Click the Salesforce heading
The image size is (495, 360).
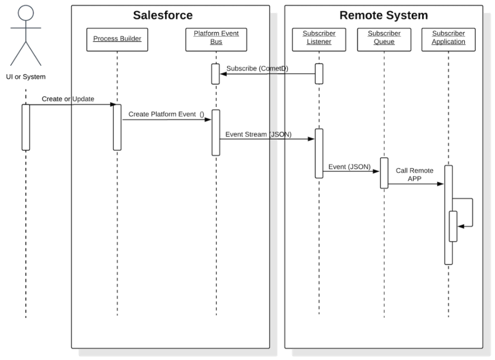click(163, 15)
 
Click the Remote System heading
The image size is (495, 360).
click(383, 15)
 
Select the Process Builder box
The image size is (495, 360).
click(117, 39)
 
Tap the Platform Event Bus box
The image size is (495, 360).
click(216, 39)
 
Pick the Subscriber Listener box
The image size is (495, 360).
click(319, 39)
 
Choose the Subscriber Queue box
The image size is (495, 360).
click(384, 39)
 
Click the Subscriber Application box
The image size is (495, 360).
click(448, 39)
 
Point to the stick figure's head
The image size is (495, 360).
click(26, 13)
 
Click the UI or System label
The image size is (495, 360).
click(26, 77)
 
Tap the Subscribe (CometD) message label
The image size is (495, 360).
click(257, 68)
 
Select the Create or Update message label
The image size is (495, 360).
click(68, 99)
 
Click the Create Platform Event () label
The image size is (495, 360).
click(166, 114)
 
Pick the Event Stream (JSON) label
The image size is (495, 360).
click(258, 134)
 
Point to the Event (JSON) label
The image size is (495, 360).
click(350, 167)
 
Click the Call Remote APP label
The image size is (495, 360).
click(415, 175)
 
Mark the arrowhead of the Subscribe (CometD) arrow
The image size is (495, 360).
click(224, 74)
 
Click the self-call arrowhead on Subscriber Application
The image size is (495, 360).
click(461, 226)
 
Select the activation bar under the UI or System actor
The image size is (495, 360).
click(26, 127)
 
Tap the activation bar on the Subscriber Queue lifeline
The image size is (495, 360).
click(384, 173)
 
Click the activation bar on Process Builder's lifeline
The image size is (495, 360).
click(117, 127)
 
